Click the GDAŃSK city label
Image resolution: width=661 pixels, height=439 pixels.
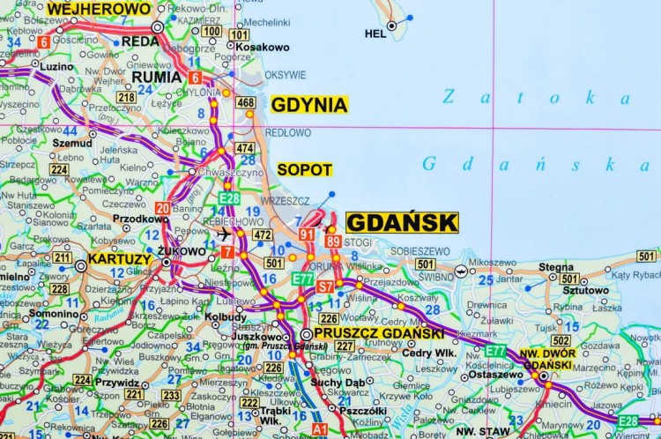tap(402, 221)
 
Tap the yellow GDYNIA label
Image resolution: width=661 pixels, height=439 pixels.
tap(308, 105)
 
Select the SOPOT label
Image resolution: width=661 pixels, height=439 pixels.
tap(304, 168)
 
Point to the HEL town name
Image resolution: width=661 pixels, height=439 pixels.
tap(375, 34)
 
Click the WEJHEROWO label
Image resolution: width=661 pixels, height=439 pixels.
tap(99, 9)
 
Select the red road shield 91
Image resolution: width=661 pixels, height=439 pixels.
tap(306, 234)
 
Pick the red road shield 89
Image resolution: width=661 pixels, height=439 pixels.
tap(332, 241)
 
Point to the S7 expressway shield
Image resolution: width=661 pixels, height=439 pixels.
tap(325, 286)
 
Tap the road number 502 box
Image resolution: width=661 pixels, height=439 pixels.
tap(561, 340)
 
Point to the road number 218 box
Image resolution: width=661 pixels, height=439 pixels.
tap(127, 97)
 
